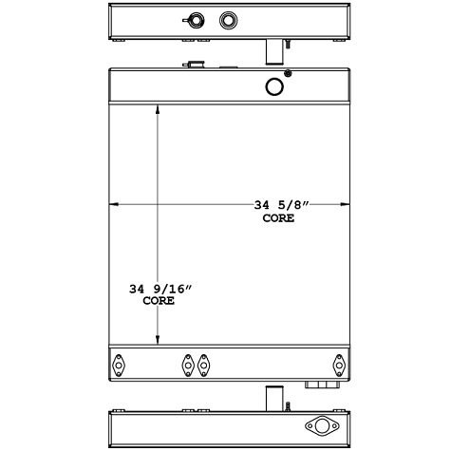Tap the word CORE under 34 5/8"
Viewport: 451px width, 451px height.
pyautogui.click(x=278, y=217)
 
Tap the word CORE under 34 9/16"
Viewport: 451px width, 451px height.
pyautogui.click(x=157, y=300)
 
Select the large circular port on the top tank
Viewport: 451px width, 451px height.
pyautogui.click(x=275, y=86)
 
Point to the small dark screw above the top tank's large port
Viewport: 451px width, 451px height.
pyautogui.click(x=289, y=74)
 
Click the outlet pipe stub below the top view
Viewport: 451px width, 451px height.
pyautogui.click(x=272, y=49)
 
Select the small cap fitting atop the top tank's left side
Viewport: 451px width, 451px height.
pyautogui.click(x=194, y=66)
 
